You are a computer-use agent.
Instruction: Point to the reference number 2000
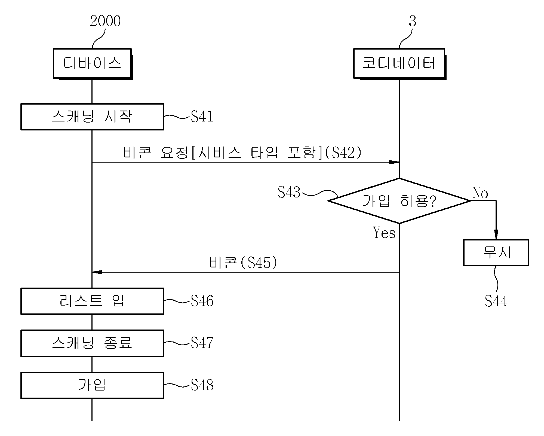(x=105, y=21)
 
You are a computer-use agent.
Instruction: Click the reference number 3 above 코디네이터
(x=413, y=21)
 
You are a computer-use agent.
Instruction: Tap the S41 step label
(x=202, y=117)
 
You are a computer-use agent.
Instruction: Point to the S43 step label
(x=289, y=192)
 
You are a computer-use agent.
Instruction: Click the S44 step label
(x=496, y=301)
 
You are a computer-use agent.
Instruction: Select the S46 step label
(x=202, y=301)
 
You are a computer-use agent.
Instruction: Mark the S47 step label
(x=202, y=343)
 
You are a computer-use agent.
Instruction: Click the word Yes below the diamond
(x=384, y=233)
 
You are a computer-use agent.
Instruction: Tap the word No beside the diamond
(x=480, y=193)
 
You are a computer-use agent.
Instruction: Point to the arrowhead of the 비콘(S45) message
(x=97, y=272)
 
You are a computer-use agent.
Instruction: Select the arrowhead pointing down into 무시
(x=496, y=235)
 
